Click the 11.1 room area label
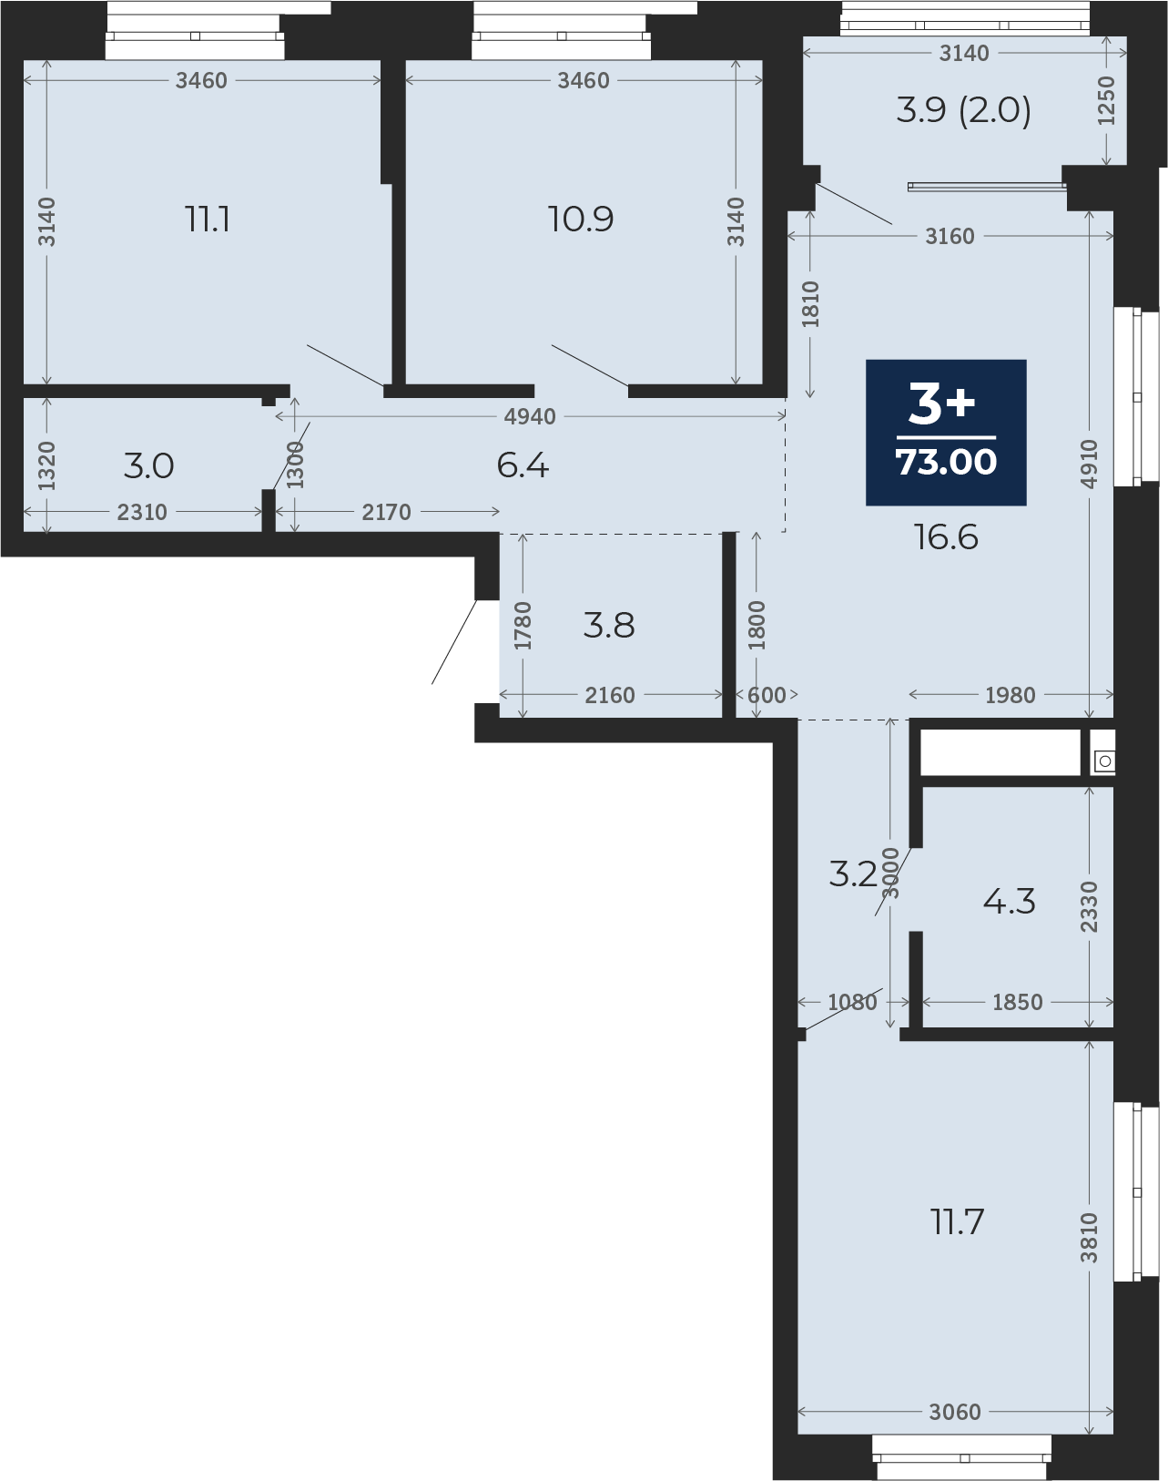208,220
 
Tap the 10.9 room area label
581,220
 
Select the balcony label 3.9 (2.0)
964,111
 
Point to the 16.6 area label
946,537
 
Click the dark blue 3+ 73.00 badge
946,433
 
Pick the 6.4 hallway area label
523,466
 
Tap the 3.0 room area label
148,466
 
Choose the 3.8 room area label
609,626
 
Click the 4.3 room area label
1009,902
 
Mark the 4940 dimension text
530,416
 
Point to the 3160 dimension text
950,236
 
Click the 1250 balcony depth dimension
1105,100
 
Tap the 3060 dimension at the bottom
955,1413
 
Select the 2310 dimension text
142,512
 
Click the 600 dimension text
767,695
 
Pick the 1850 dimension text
1018,1002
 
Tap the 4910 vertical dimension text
1089,464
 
